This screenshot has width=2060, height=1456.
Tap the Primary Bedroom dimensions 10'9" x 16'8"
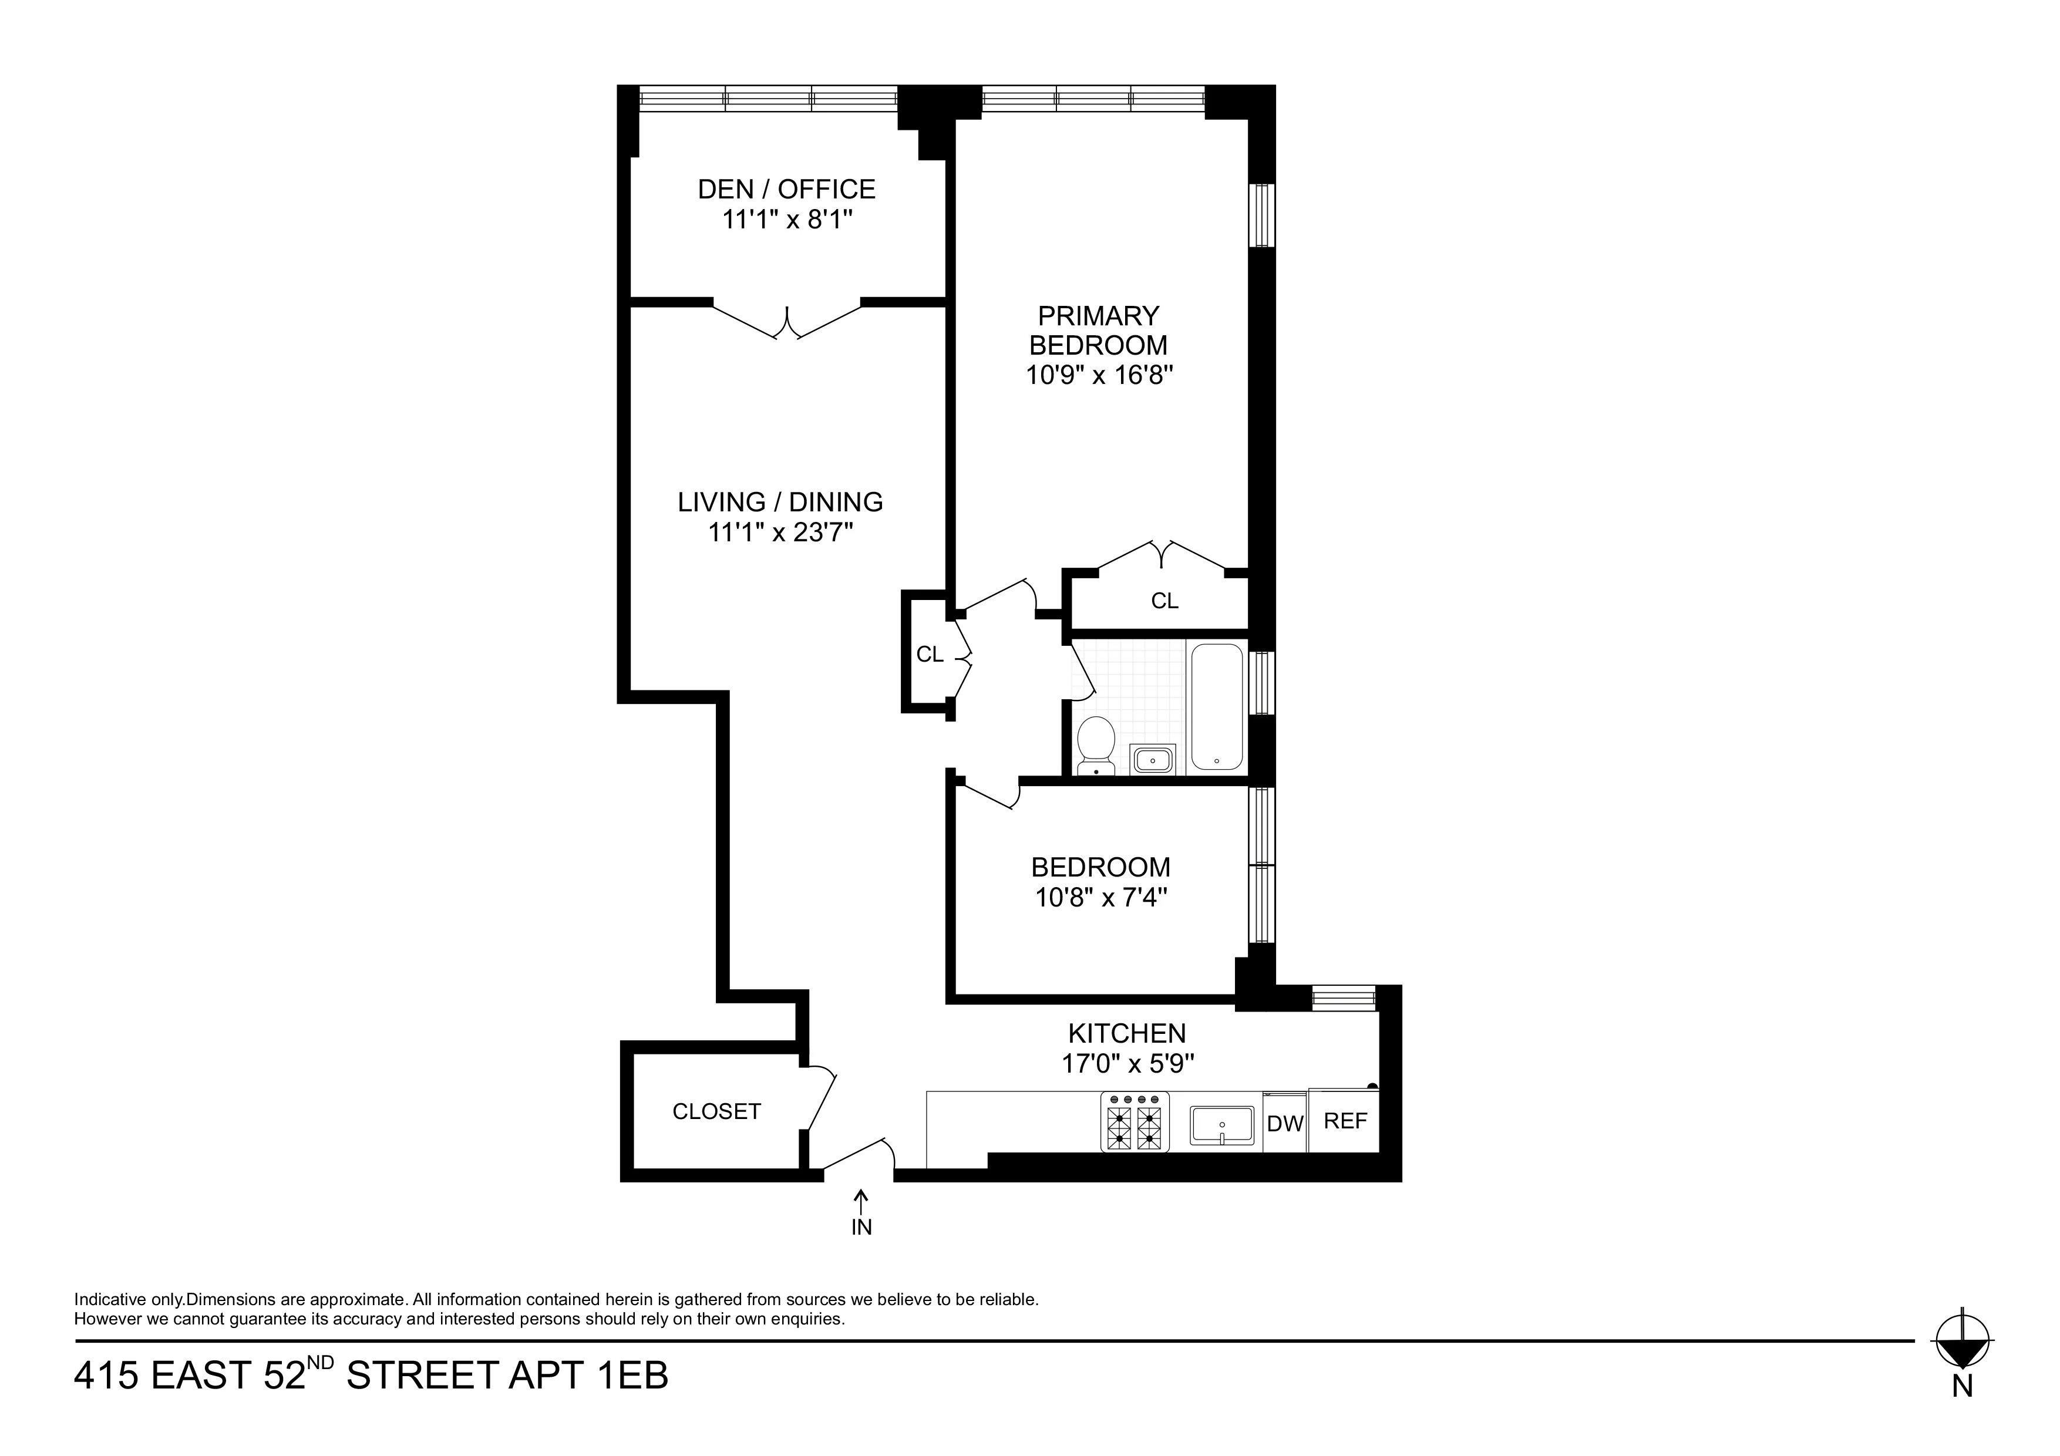click(x=1099, y=374)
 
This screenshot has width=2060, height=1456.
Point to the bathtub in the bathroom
click(x=1216, y=707)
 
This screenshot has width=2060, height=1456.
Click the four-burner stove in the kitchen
click(x=1134, y=1121)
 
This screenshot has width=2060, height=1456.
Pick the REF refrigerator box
click(x=1344, y=1121)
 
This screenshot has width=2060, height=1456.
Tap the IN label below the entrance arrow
click(x=861, y=1227)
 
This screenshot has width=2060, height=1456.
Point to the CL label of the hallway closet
click(x=930, y=655)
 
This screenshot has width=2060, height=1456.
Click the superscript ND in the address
click(x=320, y=1363)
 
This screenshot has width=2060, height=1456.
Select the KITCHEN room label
click(x=1127, y=1033)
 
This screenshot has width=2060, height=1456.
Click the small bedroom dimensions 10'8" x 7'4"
click(x=1101, y=897)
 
